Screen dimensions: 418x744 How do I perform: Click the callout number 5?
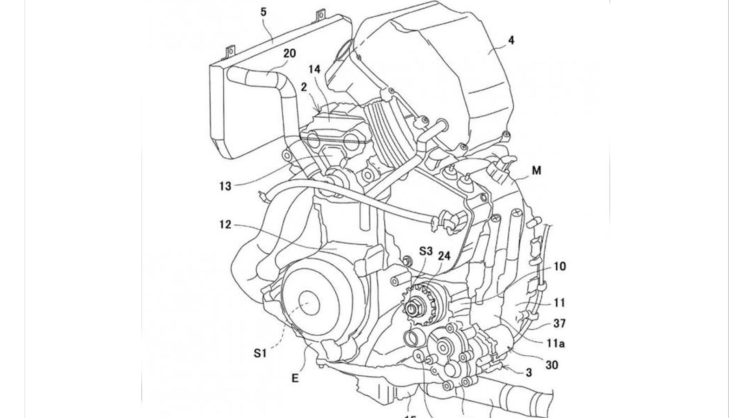[264, 11]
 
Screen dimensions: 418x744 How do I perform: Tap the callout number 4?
[511, 40]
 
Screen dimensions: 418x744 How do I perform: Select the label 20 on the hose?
[289, 54]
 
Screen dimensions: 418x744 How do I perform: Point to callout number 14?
[314, 69]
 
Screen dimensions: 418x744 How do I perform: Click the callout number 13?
[226, 186]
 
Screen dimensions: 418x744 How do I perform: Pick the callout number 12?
[226, 225]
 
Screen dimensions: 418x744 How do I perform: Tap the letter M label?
[536, 171]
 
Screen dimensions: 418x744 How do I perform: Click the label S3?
[425, 251]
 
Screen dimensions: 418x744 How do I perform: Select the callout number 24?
[444, 255]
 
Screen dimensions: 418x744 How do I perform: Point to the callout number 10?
[559, 266]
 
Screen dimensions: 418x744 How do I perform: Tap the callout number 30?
[551, 365]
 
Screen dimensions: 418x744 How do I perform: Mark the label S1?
[260, 354]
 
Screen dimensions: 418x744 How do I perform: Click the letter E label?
[294, 379]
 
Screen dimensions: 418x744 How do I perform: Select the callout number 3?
[529, 372]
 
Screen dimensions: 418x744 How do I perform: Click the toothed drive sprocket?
[412, 307]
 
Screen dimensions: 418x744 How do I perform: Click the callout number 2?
[304, 87]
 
